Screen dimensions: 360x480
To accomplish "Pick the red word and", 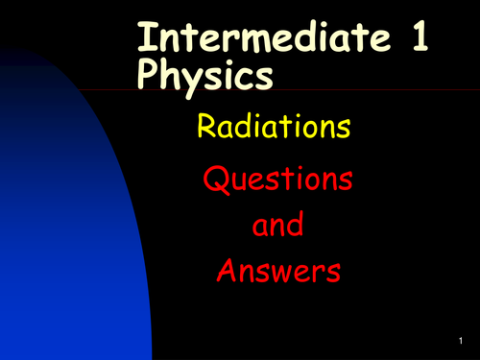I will (276, 226).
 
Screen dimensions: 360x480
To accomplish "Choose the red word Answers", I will (278, 272).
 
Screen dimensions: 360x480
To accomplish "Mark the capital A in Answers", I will (228, 272).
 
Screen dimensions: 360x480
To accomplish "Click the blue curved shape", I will (58, 221).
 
